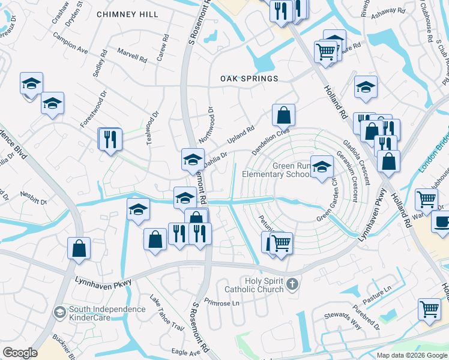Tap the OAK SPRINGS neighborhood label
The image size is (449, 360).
pyautogui.click(x=249, y=79)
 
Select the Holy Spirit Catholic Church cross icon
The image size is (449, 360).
pyautogui.click(x=292, y=284)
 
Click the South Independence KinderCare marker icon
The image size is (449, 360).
pyautogui.click(x=59, y=312)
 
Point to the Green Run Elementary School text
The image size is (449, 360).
pyautogui.click(x=277, y=170)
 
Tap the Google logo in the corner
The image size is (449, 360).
pyautogui.click(x=20, y=353)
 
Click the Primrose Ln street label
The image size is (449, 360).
pyautogui.click(x=221, y=302)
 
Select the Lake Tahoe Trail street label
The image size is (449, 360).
pyautogui.click(x=166, y=314)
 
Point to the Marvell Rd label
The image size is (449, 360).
pyautogui.click(x=132, y=56)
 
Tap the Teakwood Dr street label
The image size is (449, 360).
pyautogui.click(x=151, y=130)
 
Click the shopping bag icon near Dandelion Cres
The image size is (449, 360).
pyautogui.click(x=283, y=114)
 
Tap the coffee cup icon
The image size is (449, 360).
pyautogui.click(x=442, y=221)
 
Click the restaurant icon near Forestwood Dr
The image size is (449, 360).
pyautogui.click(x=110, y=139)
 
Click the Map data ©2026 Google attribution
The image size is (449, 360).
pyautogui.click(x=412, y=355)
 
